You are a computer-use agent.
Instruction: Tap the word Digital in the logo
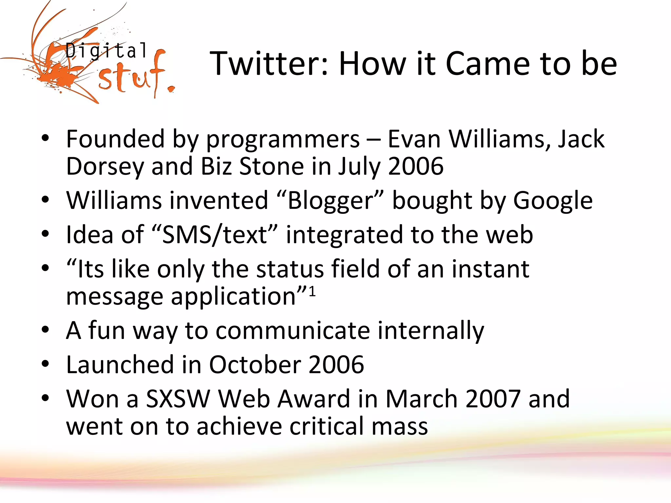106,51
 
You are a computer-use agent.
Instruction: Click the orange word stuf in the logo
131,77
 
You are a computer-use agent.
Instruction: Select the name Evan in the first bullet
414,139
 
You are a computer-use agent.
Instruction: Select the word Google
553,200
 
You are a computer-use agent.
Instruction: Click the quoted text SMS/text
215,235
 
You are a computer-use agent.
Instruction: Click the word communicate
293,330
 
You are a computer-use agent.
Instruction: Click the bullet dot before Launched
45,364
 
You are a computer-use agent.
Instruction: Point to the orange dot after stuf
171,89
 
